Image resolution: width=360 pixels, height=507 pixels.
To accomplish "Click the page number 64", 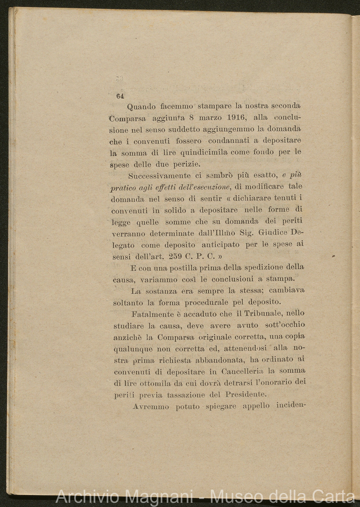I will [x=119, y=96].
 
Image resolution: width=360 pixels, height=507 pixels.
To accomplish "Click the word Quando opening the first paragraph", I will [x=141, y=107].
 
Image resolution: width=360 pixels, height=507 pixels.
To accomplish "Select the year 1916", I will [x=238, y=117].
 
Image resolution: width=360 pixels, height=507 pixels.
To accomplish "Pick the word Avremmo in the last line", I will [x=151, y=407].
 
